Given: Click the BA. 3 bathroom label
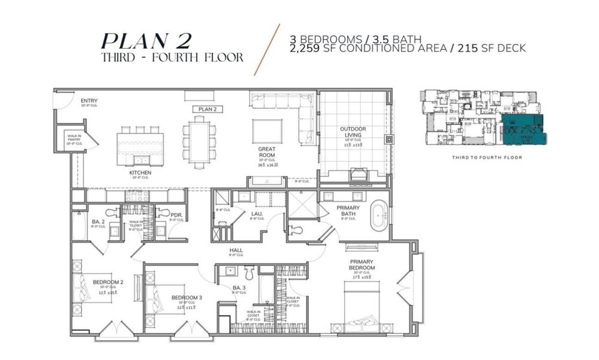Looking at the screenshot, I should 239,289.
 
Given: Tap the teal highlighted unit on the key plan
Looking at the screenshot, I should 521,128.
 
